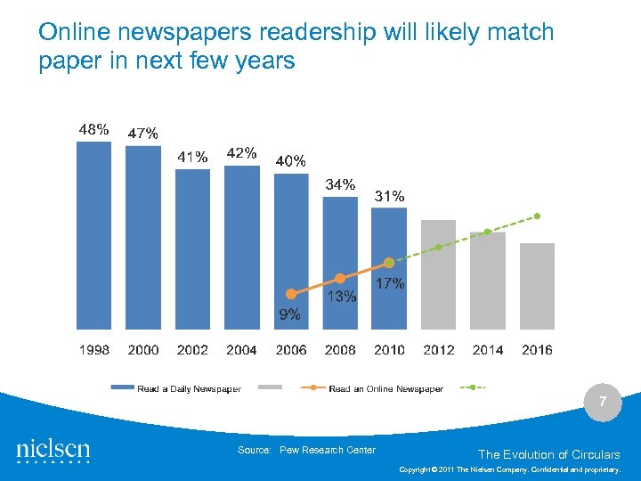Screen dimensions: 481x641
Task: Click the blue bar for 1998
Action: tap(94, 235)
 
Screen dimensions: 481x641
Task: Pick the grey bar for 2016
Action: tap(537, 286)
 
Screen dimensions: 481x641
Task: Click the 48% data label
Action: tap(94, 129)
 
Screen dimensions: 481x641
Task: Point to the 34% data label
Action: tap(340, 185)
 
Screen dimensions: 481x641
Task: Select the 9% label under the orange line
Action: tap(289, 314)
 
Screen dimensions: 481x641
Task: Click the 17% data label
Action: tap(390, 284)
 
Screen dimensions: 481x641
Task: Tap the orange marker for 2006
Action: tap(290, 293)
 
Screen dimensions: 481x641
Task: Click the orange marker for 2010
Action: tap(389, 263)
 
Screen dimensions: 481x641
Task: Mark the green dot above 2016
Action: tap(537, 216)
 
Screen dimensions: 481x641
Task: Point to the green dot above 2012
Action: tap(438, 247)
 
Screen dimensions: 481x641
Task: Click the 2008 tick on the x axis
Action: tap(340, 350)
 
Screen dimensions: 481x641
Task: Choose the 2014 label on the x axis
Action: tap(488, 350)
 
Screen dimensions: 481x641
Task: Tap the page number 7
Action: tap(603, 403)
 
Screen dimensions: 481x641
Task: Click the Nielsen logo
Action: tap(53, 450)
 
